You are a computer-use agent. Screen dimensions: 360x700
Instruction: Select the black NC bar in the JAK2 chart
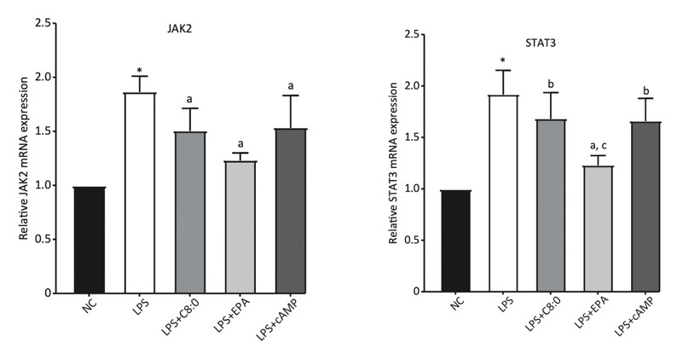point(89,240)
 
